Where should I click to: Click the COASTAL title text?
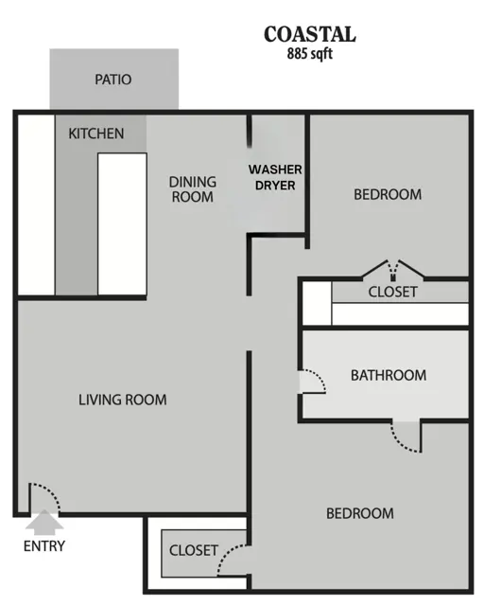(x=309, y=34)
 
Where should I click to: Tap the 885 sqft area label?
(x=309, y=53)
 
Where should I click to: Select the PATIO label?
(x=113, y=80)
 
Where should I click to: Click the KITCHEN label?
(x=96, y=134)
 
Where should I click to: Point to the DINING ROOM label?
(x=192, y=189)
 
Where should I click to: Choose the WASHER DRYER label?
(x=275, y=177)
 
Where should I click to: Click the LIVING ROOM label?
(x=123, y=400)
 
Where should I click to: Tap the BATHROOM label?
(x=389, y=375)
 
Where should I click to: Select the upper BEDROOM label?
(x=388, y=194)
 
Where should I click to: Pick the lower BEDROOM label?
(x=360, y=513)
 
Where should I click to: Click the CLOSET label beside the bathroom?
(x=393, y=293)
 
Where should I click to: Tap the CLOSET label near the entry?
(x=194, y=550)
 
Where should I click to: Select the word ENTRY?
(x=44, y=546)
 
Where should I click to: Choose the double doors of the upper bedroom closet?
(x=393, y=269)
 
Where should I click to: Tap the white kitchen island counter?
(x=122, y=224)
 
